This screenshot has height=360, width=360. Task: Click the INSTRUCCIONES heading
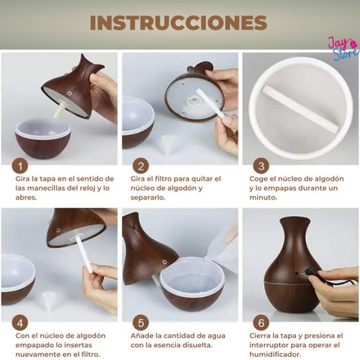[x=178, y=23]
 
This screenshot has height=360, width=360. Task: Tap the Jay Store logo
[x=343, y=48]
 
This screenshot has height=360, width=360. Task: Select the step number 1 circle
[x=20, y=165]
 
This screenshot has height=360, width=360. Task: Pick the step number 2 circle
[x=140, y=165]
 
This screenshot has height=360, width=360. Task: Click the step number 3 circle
[x=261, y=165]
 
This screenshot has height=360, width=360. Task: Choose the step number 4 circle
[x=20, y=323]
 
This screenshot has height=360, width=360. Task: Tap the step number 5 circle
[x=140, y=323]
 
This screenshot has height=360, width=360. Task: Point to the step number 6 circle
[x=261, y=323]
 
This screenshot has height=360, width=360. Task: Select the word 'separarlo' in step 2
[x=148, y=198]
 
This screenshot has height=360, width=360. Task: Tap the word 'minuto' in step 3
[x=263, y=197]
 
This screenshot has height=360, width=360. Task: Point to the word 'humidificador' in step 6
[x=275, y=355]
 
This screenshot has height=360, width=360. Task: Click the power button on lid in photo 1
[x=69, y=93]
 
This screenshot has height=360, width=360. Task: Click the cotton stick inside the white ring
[x=301, y=108]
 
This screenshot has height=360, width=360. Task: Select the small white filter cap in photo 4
[x=49, y=301]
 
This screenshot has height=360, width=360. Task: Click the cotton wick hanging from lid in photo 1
[x=59, y=111]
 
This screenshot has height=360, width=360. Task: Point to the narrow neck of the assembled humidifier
[x=295, y=234]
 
